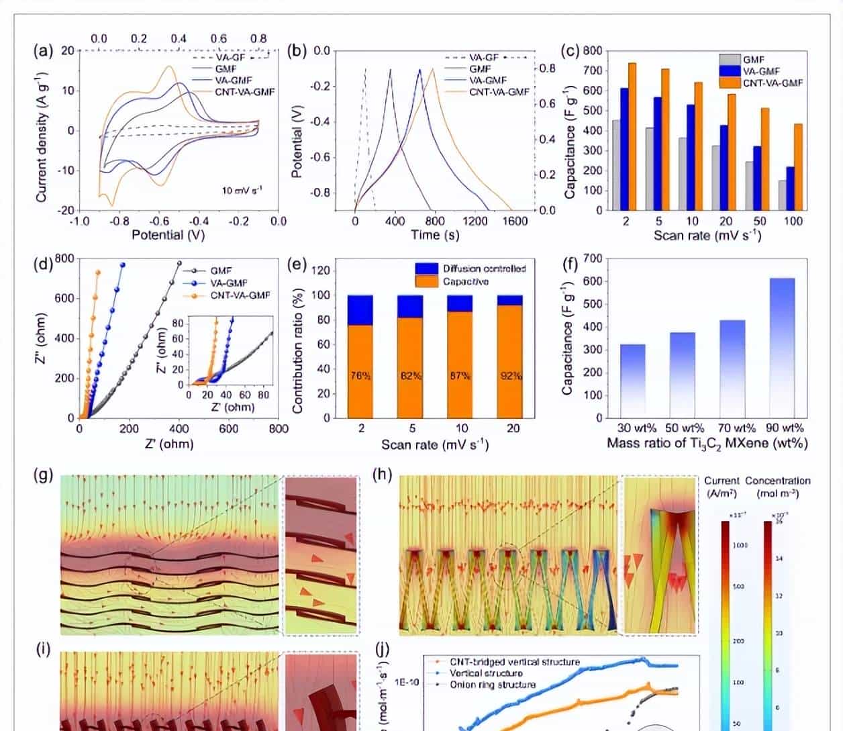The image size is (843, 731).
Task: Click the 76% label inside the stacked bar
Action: pyautogui.click(x=361, y=376)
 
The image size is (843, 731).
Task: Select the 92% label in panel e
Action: pyautogui.click(x=511, y=376)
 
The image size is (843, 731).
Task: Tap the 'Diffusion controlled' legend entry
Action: pyautogui.click(x=483, y=269)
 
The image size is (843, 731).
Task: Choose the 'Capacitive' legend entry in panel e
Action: pyautogui.click(x=465, y=281)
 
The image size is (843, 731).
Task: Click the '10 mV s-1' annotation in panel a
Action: pyautogui.click(x=242, y=191)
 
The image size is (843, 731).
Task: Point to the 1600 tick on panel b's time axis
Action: pyautogui.click(x=515, y=221)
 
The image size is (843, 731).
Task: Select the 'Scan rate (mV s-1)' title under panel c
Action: pyautogui.click(x=707, y=236)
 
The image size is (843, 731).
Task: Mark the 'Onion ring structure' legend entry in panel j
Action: pyautogui.click(x=493, y=685)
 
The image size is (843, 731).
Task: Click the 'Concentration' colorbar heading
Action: pyautogui.click(x=777, y=481)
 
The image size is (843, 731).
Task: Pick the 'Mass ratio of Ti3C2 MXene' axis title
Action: pyautogui.click(x=707, y=444)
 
